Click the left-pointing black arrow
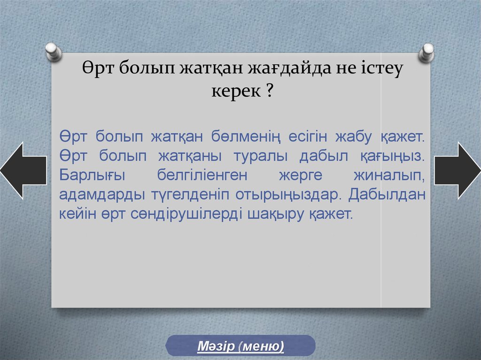(23, 170)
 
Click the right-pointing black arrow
(458, 170)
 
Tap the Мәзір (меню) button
(240, 346)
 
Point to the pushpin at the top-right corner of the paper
(427, 53)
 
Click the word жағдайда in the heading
(289, 68)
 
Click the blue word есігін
(308, 137)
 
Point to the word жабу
(353, 137)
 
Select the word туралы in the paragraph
(261, 156)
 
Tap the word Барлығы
(92, 176)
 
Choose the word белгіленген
(202, 176)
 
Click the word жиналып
(389, 176)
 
